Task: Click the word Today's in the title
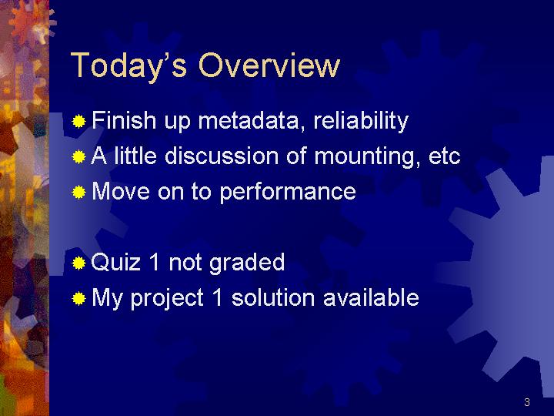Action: (128, 66)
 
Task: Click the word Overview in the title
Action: (269, 65)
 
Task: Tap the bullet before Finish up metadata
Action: (78, 122)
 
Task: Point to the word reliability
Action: (361, 122)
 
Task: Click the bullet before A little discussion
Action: (78, 156)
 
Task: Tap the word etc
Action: (445, 156)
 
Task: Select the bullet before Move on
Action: (78, 193)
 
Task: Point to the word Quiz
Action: (115, 262)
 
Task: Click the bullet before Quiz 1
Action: (78, 263)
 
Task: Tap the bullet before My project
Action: (78, 299)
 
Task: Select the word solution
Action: (273, 297)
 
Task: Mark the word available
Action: (371, 297)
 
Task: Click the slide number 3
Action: (527, 402)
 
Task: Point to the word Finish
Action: (124, 120)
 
